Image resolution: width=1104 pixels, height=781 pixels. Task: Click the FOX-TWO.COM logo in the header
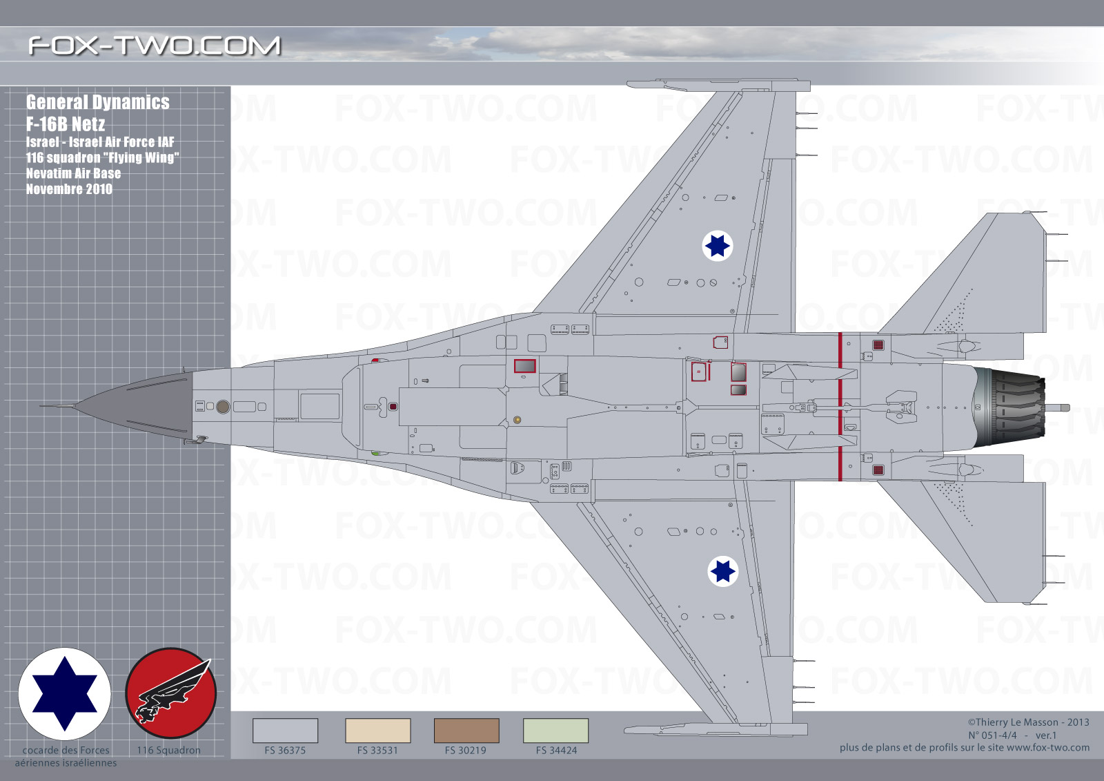coord(155,46)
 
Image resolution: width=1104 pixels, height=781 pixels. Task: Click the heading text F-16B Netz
coord(66,124)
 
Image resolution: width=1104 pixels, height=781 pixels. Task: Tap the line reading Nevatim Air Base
coord(73,173)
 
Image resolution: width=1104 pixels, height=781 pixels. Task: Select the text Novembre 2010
coord(69,189)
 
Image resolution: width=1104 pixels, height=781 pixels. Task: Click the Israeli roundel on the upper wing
coord(717,246)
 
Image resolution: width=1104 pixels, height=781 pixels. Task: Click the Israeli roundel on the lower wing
coord(723,571)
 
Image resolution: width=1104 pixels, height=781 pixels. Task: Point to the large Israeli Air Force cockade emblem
coord(65,694)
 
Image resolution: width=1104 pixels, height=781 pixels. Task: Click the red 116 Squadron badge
coord(170,693)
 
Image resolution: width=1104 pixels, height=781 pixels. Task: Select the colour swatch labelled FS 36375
coord(286,731)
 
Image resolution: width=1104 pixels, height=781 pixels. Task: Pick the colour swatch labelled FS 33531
coord(378,731)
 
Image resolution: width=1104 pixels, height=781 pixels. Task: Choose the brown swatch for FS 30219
coord(466,731)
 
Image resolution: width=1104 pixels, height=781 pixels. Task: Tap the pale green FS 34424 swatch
coord(555,731)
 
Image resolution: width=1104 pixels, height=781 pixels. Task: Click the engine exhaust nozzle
coord(1010,407)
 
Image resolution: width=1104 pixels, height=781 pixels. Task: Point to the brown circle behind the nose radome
coord(223,407)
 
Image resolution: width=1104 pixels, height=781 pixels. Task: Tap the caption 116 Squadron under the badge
coord(168,751)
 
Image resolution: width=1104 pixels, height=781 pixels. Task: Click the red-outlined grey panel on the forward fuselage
coord(525,366)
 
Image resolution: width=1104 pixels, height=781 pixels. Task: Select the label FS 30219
coord(465,751)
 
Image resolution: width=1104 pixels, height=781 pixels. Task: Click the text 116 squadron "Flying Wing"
coord(103,158)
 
